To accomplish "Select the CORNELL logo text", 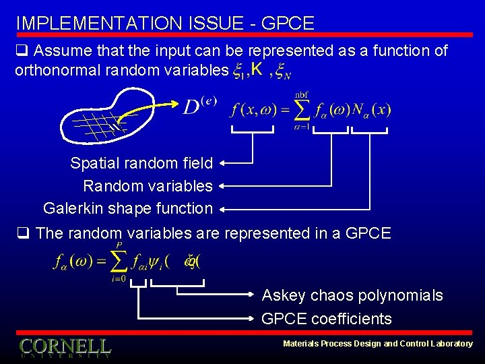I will pos(65,346).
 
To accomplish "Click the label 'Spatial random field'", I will pos(141,163).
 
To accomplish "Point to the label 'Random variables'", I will pos(148,185).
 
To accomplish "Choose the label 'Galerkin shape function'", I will pos(127,208).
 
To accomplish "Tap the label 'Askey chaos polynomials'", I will pos(352,295).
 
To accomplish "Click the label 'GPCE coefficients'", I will pos(327,318).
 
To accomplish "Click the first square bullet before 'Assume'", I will pos(22,51).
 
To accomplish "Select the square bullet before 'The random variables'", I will pos(22,234).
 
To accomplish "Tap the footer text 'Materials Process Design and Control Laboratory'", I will pos(377,344).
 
